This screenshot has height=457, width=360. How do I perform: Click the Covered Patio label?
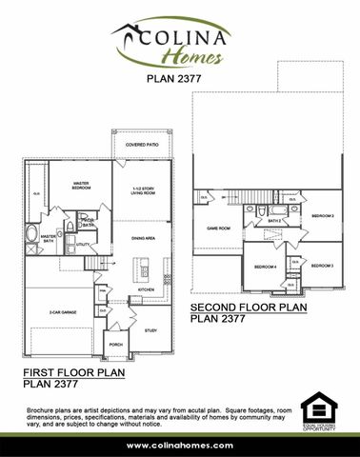point(141,146)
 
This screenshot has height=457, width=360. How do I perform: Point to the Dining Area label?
point(143,238)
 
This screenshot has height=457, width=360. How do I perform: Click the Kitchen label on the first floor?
point(146,288)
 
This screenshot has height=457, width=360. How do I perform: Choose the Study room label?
point(150,330)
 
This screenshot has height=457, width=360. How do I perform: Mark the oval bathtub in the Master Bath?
point(35,233)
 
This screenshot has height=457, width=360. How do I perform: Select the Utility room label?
point(83,245)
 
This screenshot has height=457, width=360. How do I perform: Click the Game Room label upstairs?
point(220,228)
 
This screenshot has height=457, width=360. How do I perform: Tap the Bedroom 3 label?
point(321,265)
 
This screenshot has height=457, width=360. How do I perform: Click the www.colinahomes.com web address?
point(179,445)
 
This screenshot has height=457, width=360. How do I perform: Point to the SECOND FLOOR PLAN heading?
point(250,309)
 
